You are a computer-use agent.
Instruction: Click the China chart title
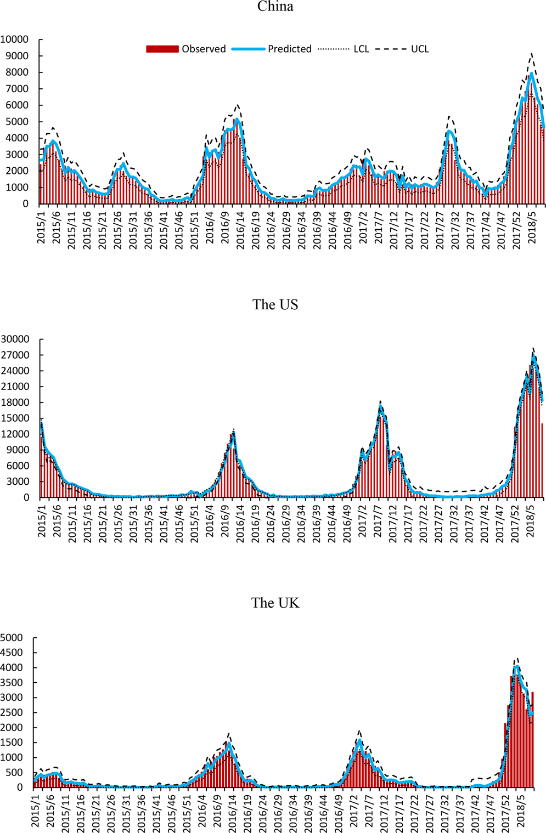pyautogui.click(x=275, y=7)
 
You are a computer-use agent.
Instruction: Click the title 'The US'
pyautogui.click(x=275, y=305)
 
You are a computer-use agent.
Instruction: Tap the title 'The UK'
pyautogui.click(x=275, y=603)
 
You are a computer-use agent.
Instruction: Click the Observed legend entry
pyautogui.click(x=186, y=49)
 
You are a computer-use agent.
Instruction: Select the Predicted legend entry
pyautogui.click(x=272, y=49)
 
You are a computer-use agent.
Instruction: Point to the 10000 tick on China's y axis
pyautogui.click(x=15, y=39)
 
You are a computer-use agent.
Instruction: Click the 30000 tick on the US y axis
pyautogui.click(x=15, y=339)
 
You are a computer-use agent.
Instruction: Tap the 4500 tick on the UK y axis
pyautogui.click(x=12, y=653)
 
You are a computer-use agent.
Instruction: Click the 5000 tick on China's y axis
pyautogui.click(x=18, y=122)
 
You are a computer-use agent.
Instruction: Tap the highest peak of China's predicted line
pyautogui.click(x=531, y=73)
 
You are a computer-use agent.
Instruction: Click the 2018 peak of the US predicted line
pyautogui.click(x=533, y=355)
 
